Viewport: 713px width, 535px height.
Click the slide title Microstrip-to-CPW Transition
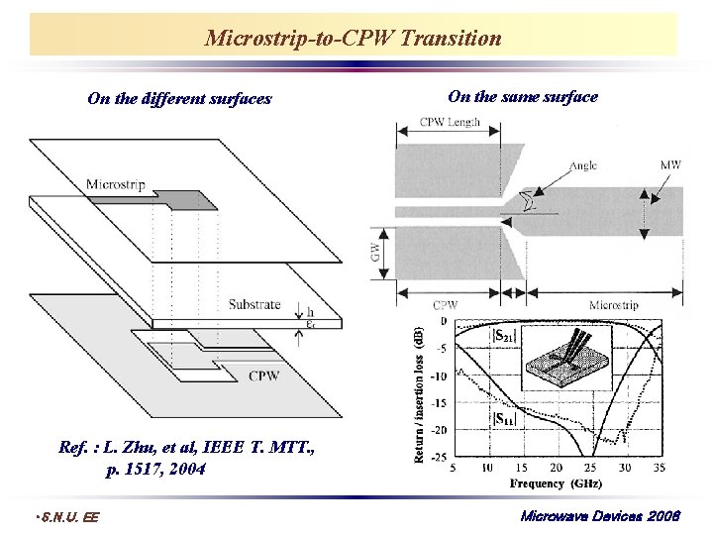coord(354,39)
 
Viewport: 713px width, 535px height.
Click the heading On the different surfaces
coord(179,98)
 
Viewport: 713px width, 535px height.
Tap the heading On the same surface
coord(523,96)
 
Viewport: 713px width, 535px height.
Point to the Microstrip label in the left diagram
coord(118,183)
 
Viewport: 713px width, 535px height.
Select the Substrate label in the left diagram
coord(255,304)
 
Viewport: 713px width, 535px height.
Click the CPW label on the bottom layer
coord(263,375)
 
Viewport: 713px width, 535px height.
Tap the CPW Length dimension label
coord(450,123)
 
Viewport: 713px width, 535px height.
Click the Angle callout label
coord(583,165)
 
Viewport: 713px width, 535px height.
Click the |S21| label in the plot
coord(503,335)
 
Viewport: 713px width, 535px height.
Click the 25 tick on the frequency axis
coord(590,468)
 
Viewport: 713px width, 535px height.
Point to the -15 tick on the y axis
coord(437,403)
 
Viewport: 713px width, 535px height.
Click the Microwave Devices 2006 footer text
coord(600,516)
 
